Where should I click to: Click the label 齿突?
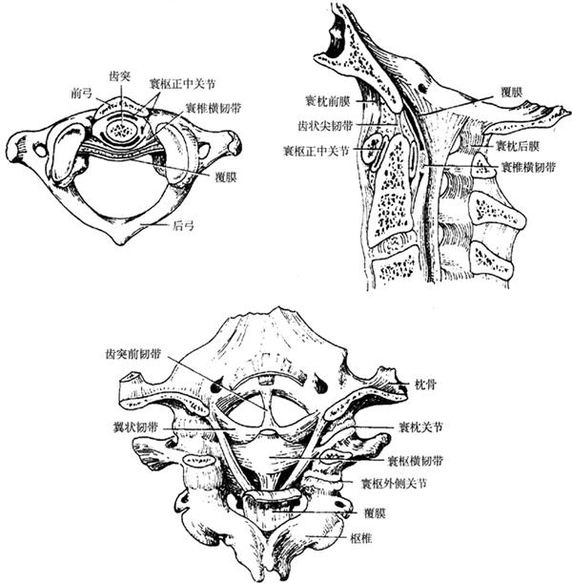click(120, 76)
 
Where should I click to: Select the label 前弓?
click(81, 93)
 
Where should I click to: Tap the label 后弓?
click(183, 225)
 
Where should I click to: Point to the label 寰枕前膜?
click(327, 101)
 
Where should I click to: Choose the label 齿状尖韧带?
click(325, 126)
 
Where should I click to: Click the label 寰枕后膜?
click(518, 146)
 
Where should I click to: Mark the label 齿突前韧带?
click(133, 354)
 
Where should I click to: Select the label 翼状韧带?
click(135, 427)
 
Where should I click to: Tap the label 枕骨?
click(425, 385)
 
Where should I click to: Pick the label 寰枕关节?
click(420, 427)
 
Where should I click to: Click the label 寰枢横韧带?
click(416, 461)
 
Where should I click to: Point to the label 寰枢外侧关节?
click(395, 484)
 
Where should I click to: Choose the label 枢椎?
click(361, 538)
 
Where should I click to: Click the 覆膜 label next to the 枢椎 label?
click(376, 514)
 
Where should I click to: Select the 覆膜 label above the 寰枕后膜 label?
click(511, 92)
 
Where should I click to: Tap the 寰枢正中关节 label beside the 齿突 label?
click(182, 84)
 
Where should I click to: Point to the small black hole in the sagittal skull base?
click(422, 88)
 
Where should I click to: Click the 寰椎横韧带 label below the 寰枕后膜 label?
click(529, 167)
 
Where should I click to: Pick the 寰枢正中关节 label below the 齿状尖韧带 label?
click(317, 151)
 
